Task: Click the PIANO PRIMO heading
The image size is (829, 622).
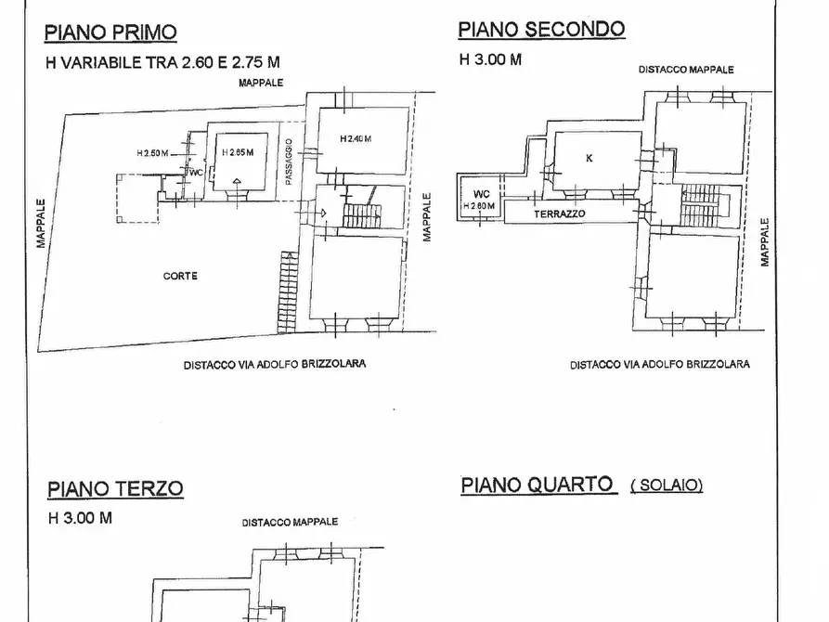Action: tap(110, 33)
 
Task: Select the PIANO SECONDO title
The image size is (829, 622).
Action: tap(541, 29)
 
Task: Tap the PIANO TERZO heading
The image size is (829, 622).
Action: tap(115, 488)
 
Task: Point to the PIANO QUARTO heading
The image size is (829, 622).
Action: tap(537, 485)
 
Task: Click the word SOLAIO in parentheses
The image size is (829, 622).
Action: tap(667, 486)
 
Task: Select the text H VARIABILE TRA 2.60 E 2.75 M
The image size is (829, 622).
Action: tap(162, 63)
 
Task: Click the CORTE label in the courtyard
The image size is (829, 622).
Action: tap(180, 276)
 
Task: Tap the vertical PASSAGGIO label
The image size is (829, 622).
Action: tap(290, 163)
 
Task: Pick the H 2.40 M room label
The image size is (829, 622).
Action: tap(355, 138)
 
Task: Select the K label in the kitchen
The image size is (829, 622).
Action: tap(589, 158)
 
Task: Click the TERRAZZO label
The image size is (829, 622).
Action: tap(560, 214)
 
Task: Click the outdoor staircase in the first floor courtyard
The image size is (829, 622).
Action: tap(288, 290)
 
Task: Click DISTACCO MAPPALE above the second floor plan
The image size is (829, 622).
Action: tap(686, 70)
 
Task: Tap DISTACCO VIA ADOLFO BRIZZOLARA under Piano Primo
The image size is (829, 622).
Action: tap(274, 364)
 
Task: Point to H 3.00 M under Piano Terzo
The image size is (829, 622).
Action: tap(80, 518)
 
